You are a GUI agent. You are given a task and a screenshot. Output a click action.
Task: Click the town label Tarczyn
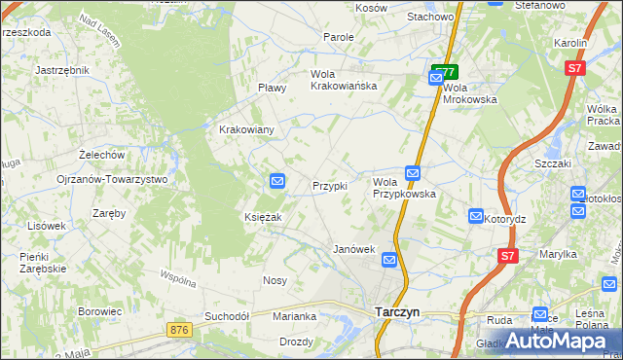pyautogui.click(x=398, y=312)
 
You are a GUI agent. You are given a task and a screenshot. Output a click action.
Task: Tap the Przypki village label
pyautogui.click(x=329, y=186)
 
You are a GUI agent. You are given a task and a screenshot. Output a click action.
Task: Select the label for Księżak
pyautogui.click(x=263, y=217)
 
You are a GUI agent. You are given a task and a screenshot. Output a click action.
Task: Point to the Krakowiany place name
pyautogui.click(x=246, y=129)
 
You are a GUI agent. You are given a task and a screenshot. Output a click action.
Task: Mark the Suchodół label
pyautogui.click(x=228, y=316)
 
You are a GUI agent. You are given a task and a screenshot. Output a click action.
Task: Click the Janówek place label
pyautogui.click(x=354, y=249)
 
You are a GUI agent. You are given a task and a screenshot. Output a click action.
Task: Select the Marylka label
pyautogui.click(x=559, y=254)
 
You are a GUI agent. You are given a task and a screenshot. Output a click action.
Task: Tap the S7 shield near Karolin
pyautogui.click(x=576, y=68)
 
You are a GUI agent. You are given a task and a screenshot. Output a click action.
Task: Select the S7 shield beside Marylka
pyautogui.click(x=506, y=256)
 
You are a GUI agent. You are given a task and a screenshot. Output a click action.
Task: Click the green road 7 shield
pyautogui.click(x=446, y=71)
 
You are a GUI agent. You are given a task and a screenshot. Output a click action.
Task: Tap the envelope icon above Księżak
pyautogui.click(x=277, y=180)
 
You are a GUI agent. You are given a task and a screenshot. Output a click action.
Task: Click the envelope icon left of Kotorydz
pyautogui.click(x=476, y=216)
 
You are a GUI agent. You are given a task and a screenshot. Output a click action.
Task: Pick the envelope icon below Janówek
pyautogui.click(x=389, y=260)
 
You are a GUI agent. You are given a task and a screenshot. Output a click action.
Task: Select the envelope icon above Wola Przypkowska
pyautogui.click(x=413, y=173)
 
